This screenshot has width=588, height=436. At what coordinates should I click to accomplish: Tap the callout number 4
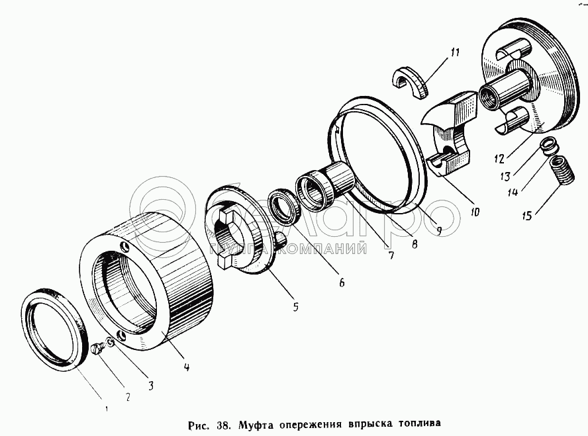point(187,367)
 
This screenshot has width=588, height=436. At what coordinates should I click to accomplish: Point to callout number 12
point(499,159)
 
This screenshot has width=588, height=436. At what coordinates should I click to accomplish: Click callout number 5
point(295,306)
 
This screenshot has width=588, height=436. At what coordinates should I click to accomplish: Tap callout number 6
point(342,282)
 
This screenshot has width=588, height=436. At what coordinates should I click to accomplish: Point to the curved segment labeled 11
point(411,83)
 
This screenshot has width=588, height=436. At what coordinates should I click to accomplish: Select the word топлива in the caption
point(418,421)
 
